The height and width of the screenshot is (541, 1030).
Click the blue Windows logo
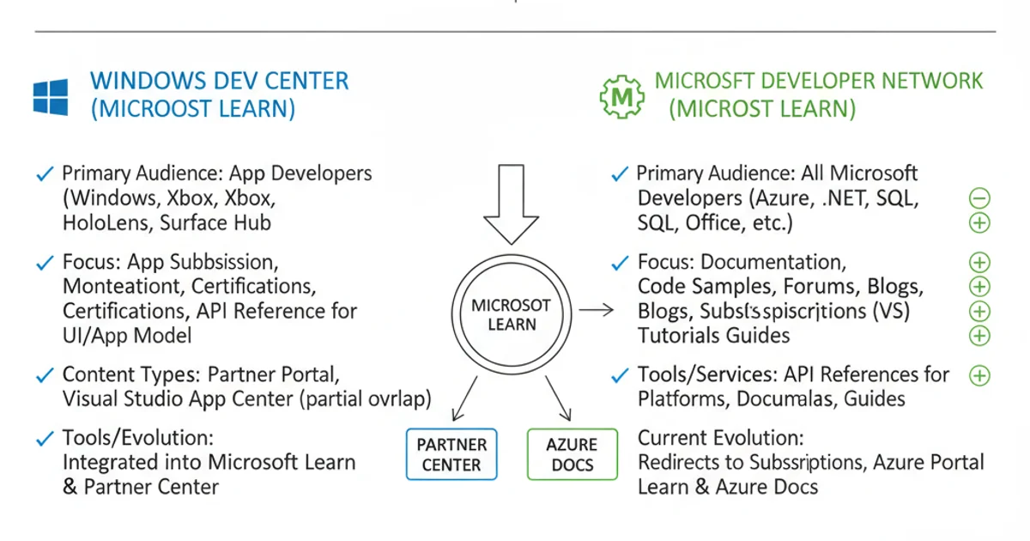tap(50, 97)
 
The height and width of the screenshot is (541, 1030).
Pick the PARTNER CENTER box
tap(451, 454)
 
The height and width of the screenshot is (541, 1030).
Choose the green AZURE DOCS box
tap(572, 454)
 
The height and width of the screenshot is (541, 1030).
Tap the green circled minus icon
tap(979, 198)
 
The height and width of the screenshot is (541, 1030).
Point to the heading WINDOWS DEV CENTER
tap(219, 82)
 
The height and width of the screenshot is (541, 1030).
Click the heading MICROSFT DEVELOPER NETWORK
tap(819, 82)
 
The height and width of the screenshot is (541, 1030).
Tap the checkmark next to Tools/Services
tap(619, 375)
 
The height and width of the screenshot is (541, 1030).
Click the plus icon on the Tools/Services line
tap(979, 375)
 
